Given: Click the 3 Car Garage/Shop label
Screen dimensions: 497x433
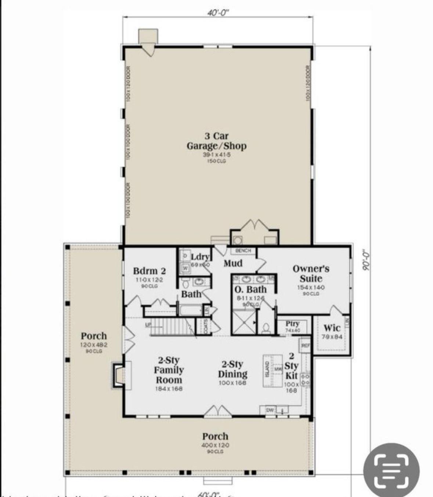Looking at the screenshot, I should (x=216, y=141).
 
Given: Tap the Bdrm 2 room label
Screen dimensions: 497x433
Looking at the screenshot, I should (x=149, y=271).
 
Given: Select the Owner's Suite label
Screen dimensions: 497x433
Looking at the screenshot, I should (x=311, y=273).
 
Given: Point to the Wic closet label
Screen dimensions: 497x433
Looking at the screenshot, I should (x=332, y=328).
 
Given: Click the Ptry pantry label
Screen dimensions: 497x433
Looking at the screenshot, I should (x=292, y=324).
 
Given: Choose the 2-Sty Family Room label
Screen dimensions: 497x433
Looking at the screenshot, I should (x=169, y=370).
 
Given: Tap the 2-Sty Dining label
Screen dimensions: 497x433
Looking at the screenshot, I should (x=232, y=369).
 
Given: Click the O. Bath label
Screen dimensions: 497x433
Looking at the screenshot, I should (x=250, y=289).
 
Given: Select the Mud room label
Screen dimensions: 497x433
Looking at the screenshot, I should (x=233, y=263).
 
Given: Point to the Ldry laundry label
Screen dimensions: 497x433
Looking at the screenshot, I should (x=200, y=257).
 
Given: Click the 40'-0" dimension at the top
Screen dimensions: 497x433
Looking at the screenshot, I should (x=218, y=13).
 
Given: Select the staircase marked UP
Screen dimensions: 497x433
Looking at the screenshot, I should (x=171, y=327).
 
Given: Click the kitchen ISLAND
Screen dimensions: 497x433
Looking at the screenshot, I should (x=268, y=371).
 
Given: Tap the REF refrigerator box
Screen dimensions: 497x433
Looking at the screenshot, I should (x=306, y=346).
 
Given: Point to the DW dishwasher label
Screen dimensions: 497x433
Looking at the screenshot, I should (x=270, y=410).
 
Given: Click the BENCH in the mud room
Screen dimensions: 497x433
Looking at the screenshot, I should (x=243, y=251).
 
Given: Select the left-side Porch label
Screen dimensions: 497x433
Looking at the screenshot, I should (x=94, y=336).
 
